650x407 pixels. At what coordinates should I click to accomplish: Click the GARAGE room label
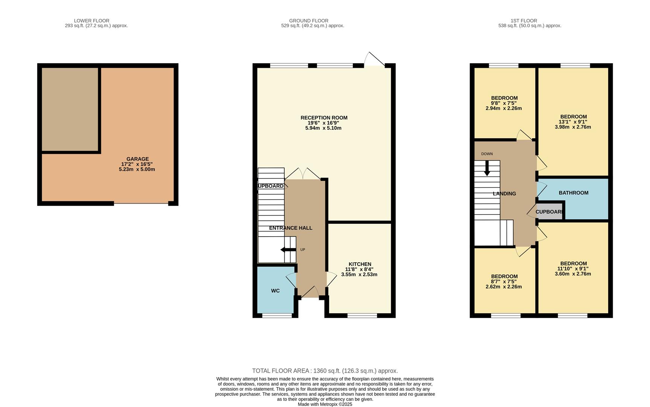[x=137, y=159]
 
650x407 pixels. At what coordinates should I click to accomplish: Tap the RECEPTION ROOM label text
[x=324, y=118]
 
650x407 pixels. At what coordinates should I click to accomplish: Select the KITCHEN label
[x=360, y=264]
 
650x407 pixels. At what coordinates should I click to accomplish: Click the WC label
[x=275, y=291]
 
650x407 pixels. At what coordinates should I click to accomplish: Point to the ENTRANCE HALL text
[x=290, y=228]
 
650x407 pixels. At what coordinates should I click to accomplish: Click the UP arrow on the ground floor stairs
[x=288, y=249]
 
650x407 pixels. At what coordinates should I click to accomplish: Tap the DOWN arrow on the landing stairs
[x=487, y=168]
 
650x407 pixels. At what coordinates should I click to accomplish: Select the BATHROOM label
[x=573, y=193]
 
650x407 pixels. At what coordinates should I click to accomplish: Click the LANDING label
[x=504, y=194]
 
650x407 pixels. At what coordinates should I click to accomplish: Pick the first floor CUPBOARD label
[x=549, y=212]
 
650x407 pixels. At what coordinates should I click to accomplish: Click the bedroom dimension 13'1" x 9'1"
[x=573, y=122]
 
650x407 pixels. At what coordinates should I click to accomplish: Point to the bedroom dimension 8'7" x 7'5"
[x=504, y=282]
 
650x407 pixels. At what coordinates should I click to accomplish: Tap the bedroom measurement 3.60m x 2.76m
[x=573, y=274]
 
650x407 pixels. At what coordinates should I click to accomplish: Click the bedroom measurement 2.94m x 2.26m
[x=504, y=108]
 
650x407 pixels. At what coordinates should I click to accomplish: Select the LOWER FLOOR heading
[x=92, y=21]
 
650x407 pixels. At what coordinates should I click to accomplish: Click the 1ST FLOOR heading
[x=524, y=21]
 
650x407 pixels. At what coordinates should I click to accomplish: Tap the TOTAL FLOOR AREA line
[x=325, y=371]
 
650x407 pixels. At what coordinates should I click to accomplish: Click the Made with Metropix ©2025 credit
[x=325, y=404]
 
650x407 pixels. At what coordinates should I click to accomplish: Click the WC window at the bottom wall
[x=277, y=315]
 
